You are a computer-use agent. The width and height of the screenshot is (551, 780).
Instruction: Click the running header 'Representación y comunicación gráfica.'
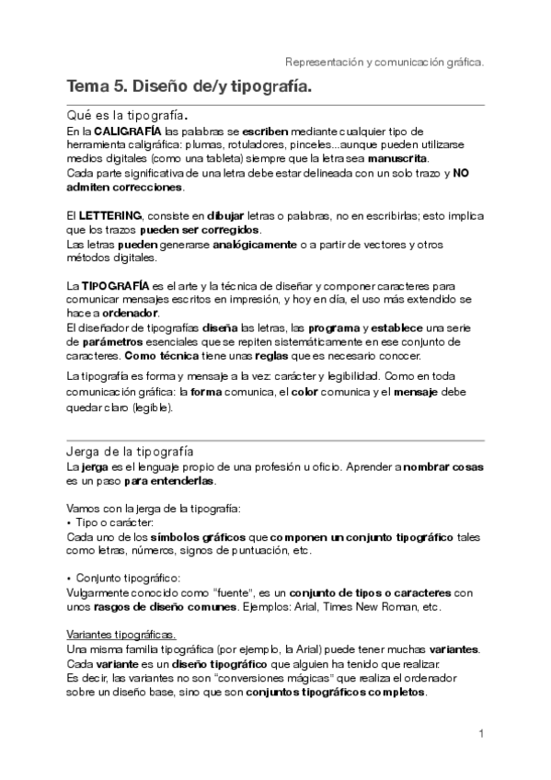(385, 63)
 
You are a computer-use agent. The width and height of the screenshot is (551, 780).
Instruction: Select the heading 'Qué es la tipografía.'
(128, 116)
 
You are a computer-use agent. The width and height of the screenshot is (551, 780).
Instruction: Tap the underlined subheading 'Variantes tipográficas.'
(122, 636)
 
